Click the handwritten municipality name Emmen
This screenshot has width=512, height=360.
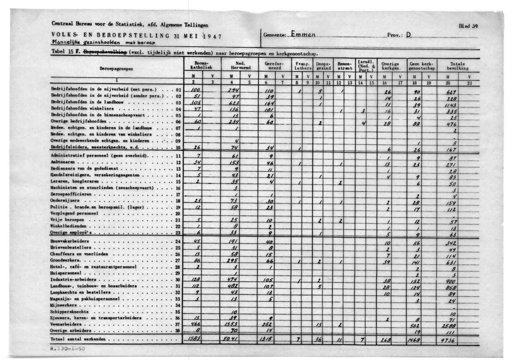pyautogui.click(x=303, y=34)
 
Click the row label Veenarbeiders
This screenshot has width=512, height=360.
pyautogui.click(x=66, y=324)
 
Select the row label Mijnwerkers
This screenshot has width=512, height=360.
pyautogui.click(x=64, y=305)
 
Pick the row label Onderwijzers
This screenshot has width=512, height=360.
pyautogui.click(x=64, y=200)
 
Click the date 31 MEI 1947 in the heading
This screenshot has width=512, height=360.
pyautogui.click(x=197, y=36)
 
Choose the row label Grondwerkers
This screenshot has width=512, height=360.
pyautogui.click(x=65, y=260)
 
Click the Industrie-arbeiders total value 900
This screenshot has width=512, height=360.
pyautogui.click(x=452, y=280)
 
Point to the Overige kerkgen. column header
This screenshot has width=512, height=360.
pyautogui.click(x=390, y=65)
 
